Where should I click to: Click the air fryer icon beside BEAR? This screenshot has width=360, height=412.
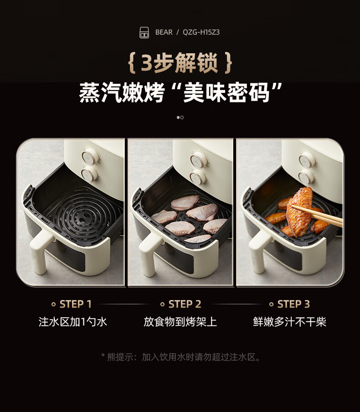(x=144, y=33)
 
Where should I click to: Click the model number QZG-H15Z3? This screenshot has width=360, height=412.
(x=201, y=32)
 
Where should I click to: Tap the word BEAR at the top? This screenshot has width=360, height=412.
(x=164, y=32)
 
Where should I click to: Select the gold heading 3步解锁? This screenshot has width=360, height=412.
(x=180, y=63)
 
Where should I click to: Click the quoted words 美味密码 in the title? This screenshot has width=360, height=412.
(x=226, y=93)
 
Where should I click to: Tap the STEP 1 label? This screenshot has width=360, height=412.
(x=76, y=304)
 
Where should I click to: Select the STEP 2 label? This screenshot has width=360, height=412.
(x=185, y=304)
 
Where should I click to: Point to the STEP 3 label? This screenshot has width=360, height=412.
(x=293, y=304)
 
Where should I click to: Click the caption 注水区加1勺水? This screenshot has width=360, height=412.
(x=73, y=322)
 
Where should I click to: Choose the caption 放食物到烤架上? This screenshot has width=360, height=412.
(x=180, y=322)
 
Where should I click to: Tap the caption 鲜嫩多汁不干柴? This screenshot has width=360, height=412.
(x=289, y=322)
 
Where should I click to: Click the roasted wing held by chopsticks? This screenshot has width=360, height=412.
(x=299, y=212)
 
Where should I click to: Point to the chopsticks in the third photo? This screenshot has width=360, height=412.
(x=317, y=215)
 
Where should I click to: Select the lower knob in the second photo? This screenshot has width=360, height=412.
(x=198, y=178)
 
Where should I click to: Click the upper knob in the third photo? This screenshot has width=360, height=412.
(x=307, y=159)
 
